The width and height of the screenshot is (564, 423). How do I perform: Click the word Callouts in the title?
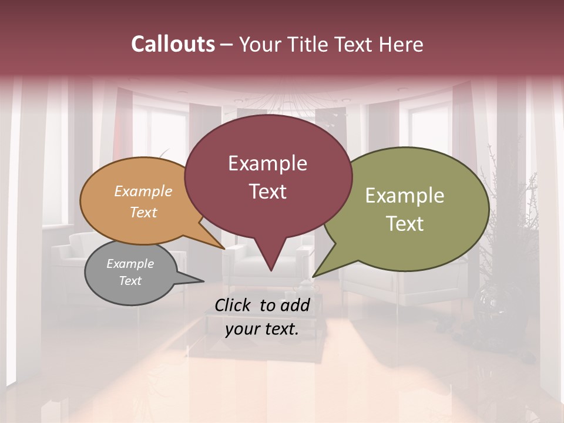pos(173,45)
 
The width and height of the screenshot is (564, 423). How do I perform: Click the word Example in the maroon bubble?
pos(267,164)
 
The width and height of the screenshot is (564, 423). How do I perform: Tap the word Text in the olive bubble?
pos(404,224)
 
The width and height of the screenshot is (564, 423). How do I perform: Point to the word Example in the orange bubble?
pos(143,192)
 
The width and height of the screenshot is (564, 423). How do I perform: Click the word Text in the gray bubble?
pos(130,281)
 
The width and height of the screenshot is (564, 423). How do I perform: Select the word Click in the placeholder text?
pos(233,305)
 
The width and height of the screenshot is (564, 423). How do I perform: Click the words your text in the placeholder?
pos(262,330)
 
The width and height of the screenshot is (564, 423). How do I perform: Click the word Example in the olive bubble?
pos(404,196)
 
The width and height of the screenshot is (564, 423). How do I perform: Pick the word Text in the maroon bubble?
pos(267,192)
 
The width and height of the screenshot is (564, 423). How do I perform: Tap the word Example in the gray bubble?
pos(130,264)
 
